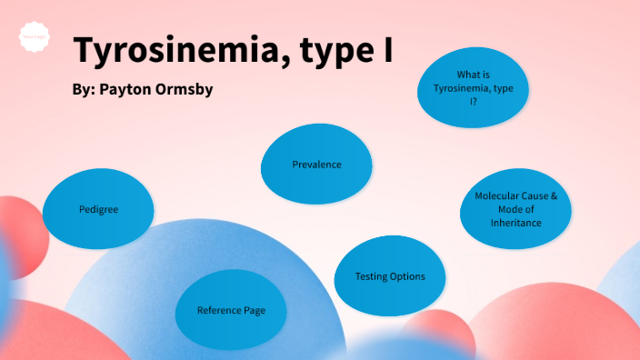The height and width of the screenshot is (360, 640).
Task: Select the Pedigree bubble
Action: (98, 209)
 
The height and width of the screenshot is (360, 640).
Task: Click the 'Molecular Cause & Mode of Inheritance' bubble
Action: (515, 210)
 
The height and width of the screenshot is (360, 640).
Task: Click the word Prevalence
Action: (316, 165)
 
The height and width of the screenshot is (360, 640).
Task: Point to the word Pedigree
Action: (98, 209)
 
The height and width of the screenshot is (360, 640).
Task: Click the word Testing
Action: (372, 276)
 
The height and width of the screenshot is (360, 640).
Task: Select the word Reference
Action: (219, 311)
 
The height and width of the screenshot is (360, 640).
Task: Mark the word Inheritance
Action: (515, 223)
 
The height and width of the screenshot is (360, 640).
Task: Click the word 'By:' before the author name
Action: (84, 92)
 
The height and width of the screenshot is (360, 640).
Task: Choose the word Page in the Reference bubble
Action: (255, 311)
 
